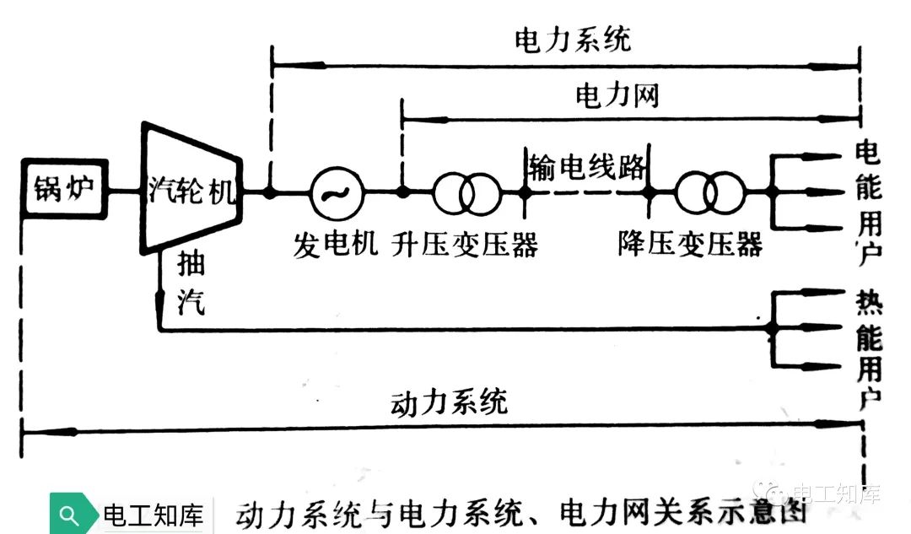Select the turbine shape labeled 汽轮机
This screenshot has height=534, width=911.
[192, 187]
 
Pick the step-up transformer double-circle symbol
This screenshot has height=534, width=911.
[466, 193]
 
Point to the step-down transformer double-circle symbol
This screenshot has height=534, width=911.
[711, 193]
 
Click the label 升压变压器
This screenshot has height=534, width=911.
[465, 245]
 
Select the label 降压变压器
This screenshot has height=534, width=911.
[689, 245]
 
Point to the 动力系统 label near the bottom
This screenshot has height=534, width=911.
[450, 402]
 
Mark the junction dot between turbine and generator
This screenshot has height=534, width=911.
[270, 192]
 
